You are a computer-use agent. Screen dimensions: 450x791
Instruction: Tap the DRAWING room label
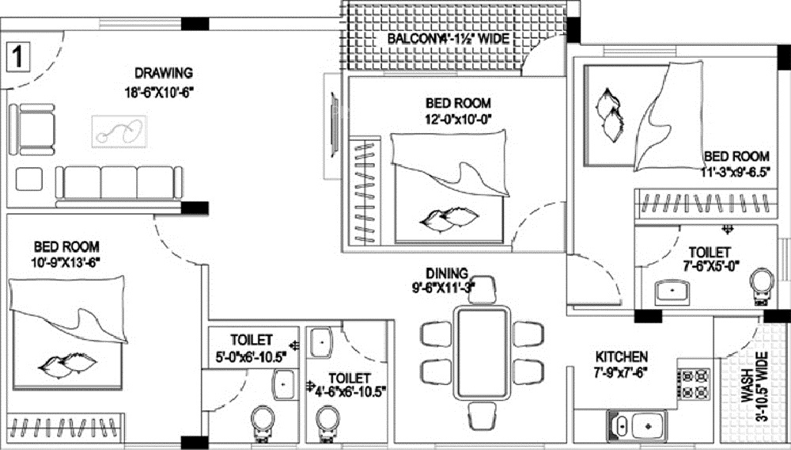(x=163, y=74)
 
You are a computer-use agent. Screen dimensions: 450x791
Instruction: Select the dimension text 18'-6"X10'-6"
(x=159, y=92)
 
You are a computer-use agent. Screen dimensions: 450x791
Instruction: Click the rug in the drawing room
(x=119, y=130)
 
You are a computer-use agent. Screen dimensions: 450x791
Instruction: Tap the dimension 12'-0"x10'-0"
(x=459, y=120)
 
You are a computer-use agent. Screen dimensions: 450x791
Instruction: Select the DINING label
(x=447, y=273)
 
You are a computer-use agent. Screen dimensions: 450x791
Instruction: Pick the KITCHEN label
(x=622, y=357)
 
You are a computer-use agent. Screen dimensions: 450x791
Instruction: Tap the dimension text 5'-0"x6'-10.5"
(x=252, y=357)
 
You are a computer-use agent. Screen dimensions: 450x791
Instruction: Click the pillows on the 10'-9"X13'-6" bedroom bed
(x=67, y=364)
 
